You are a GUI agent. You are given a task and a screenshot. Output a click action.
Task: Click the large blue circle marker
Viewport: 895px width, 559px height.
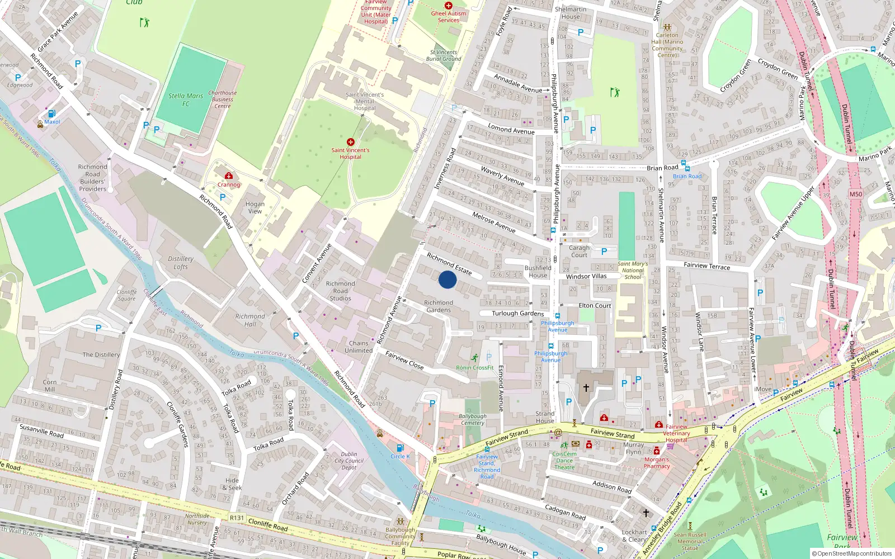point(447,279)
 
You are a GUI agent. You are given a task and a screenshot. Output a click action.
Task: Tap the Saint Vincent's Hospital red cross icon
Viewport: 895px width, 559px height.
point(351,142)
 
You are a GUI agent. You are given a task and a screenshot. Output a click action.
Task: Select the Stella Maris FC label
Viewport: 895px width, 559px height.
point(186,100)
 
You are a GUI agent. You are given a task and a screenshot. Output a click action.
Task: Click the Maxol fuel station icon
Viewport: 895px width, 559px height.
point(51,113)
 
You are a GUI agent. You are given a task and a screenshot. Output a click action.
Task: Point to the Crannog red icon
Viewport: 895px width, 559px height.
point(228,176)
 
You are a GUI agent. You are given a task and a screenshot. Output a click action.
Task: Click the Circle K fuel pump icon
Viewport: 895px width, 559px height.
point(399,448)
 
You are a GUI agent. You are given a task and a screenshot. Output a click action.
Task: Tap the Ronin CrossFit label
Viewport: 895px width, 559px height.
point(475,367)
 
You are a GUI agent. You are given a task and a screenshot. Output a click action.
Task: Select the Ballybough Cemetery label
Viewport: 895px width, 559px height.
point(473,419)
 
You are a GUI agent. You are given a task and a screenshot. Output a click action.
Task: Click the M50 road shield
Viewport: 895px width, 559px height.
point(855,195)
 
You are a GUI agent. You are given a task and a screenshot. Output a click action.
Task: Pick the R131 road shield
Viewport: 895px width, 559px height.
point(237,518)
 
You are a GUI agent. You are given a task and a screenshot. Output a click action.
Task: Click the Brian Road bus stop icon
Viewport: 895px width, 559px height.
point(687,168)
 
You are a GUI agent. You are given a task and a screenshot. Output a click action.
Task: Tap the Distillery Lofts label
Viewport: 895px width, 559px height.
point(181,263)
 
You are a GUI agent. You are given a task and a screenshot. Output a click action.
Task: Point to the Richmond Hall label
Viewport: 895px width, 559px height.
point(250,320)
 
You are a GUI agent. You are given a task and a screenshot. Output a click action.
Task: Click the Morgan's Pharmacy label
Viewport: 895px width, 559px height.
point(657,462)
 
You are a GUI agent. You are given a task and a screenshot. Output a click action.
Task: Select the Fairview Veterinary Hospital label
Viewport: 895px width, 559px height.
point(676,433)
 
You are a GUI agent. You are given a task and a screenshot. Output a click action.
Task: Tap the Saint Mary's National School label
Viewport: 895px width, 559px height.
point(633,270)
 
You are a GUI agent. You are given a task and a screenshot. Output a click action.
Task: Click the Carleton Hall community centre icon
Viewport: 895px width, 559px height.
point(667,27)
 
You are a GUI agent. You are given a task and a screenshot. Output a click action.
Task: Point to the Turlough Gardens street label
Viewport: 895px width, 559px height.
point(517,314)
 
